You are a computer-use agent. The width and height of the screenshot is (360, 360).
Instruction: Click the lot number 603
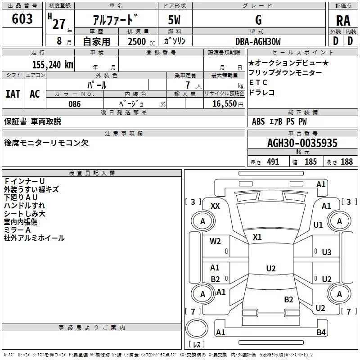(22, 18)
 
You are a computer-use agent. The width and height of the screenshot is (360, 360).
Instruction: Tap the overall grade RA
(343, 21)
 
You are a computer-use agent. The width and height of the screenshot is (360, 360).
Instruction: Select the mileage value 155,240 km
(53, 65)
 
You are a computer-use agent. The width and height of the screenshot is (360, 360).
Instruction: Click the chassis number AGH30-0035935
(302, 143)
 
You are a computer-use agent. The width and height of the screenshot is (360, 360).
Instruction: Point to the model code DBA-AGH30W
(258, 41)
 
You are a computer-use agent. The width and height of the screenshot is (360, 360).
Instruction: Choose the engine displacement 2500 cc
(141, 41)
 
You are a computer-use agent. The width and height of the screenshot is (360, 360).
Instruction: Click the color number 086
(75, 104)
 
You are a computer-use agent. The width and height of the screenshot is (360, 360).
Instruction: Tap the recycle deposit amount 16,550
(225, 104)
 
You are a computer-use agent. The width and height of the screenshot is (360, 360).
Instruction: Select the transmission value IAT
(13, 94)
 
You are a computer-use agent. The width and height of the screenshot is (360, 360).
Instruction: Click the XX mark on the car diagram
(215, 206)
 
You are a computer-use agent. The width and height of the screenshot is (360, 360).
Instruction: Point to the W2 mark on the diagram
(215, 241)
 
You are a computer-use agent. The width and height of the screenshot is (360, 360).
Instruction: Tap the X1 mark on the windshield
(257, 237)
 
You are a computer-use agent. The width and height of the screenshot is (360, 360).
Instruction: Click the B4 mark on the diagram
(321, 332)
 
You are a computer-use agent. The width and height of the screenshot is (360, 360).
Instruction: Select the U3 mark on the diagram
(327, 252)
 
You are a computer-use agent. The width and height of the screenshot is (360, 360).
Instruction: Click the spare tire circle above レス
(197, 328)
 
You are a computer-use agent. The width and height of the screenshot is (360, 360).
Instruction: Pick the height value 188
(346, 162)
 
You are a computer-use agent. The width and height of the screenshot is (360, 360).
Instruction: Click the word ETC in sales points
(258, 82)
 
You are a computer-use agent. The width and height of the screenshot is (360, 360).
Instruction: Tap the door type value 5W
(174, 20)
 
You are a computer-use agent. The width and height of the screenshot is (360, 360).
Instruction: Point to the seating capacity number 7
(188, 85)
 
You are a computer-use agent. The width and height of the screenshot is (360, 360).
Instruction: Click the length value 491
(273, 162)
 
